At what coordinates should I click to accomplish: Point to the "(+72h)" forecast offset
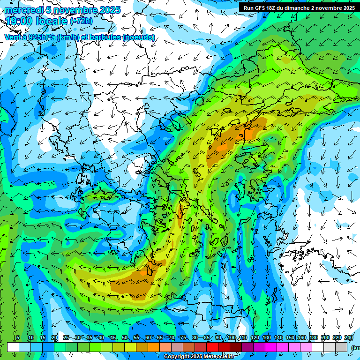[x=81, y=21]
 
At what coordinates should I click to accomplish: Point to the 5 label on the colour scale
[x=18, y=338]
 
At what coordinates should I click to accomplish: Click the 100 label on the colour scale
[x=232, y=338]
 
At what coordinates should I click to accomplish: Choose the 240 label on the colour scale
[x=349, y=338]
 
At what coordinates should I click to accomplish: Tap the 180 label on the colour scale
[x=314, y=338]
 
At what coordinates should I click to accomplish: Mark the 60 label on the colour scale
[x=148, y=338]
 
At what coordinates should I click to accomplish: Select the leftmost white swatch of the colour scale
[x=13, y=347]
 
